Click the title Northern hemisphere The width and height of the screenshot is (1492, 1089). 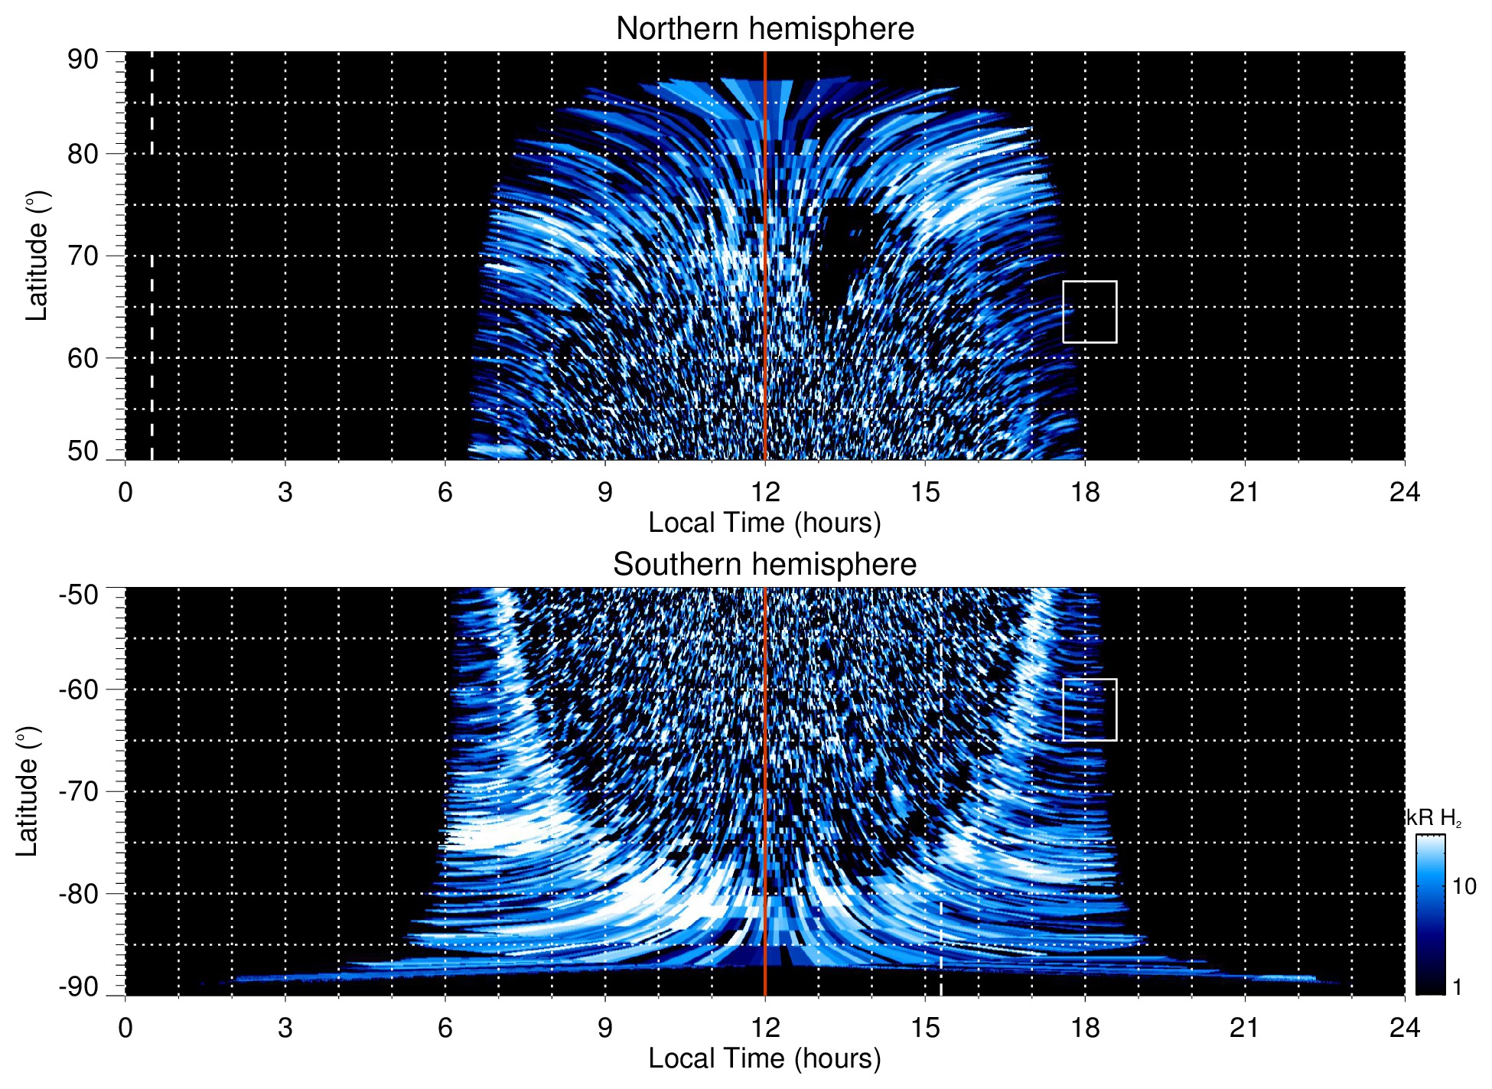(x=764, y=29)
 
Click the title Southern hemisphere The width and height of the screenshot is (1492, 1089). (x=764, y=565)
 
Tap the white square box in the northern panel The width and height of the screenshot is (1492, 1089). (x=1090, y=312)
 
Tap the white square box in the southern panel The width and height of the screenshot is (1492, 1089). (x=1090, y=710)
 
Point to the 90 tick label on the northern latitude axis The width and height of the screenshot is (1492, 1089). (x=83, y=60)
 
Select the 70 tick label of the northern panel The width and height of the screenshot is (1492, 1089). (x=83, y=256)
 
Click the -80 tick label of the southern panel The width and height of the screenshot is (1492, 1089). (x=78, y=893)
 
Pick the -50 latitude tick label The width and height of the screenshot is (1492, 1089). (x=78, y=595)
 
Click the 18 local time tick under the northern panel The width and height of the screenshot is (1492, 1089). (x=1085, y=492)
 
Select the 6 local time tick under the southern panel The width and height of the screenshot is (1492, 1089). (x=445, y=1028)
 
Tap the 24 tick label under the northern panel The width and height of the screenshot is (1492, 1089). (x=1404, y=492)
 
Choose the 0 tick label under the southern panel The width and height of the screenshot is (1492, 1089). (x=125, y=1028)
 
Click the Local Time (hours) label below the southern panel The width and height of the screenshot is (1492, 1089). (x=764, y=1058)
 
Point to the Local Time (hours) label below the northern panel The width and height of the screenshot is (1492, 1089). (x=764, y=523)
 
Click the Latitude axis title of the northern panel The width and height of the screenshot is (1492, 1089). (x=37, y=256)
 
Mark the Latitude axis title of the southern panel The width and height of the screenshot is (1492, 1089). (x=28, y=791)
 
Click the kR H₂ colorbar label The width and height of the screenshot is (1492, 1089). (x=1434, y=818)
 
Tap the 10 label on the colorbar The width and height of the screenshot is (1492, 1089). (x=1464, y=886)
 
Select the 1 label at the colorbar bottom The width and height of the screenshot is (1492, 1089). (x=1457, y=987)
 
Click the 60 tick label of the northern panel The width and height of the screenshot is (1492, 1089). (x=83, y=358)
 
